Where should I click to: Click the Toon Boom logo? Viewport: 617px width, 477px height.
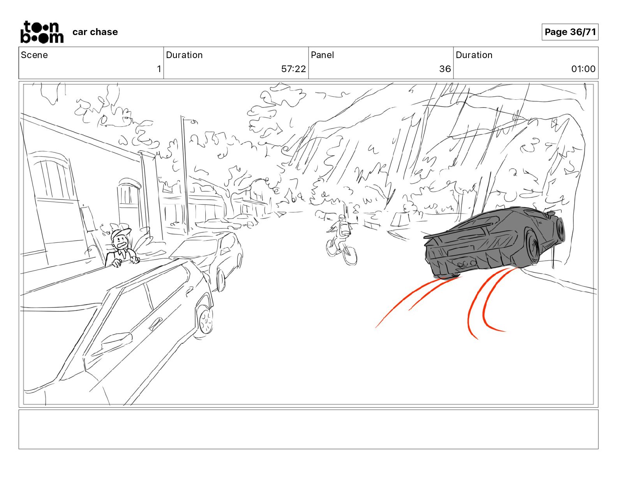click(x=42, y=32)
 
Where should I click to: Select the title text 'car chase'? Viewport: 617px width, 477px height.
click(x=95, y=32)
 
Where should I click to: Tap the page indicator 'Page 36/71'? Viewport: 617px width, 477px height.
click(x=570, y=32)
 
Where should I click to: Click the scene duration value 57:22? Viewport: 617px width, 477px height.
click(x=293, y=69)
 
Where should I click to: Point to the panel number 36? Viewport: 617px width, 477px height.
click(x=445, y=69)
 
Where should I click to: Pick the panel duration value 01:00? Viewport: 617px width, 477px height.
click(x=583, y=69)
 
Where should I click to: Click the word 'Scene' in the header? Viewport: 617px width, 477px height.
click(x=34, y=55)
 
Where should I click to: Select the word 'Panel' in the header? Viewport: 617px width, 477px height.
click(x=322, y=55)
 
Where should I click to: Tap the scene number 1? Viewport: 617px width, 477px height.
click(x=159, y=69)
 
